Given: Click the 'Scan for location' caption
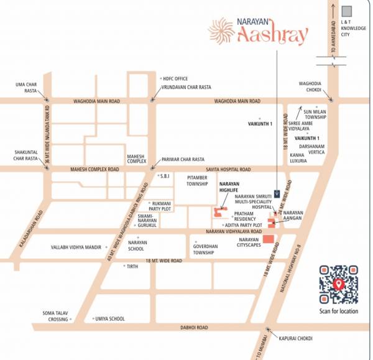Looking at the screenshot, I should pyautogui.click(x=339, y=311).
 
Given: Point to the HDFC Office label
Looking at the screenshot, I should pyautogui.click(x=175, y=79).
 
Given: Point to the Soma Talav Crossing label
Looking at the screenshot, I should pyautogui.click(x=55, y=316).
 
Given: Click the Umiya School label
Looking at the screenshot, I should pyautogui.click(x=110, y=319).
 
